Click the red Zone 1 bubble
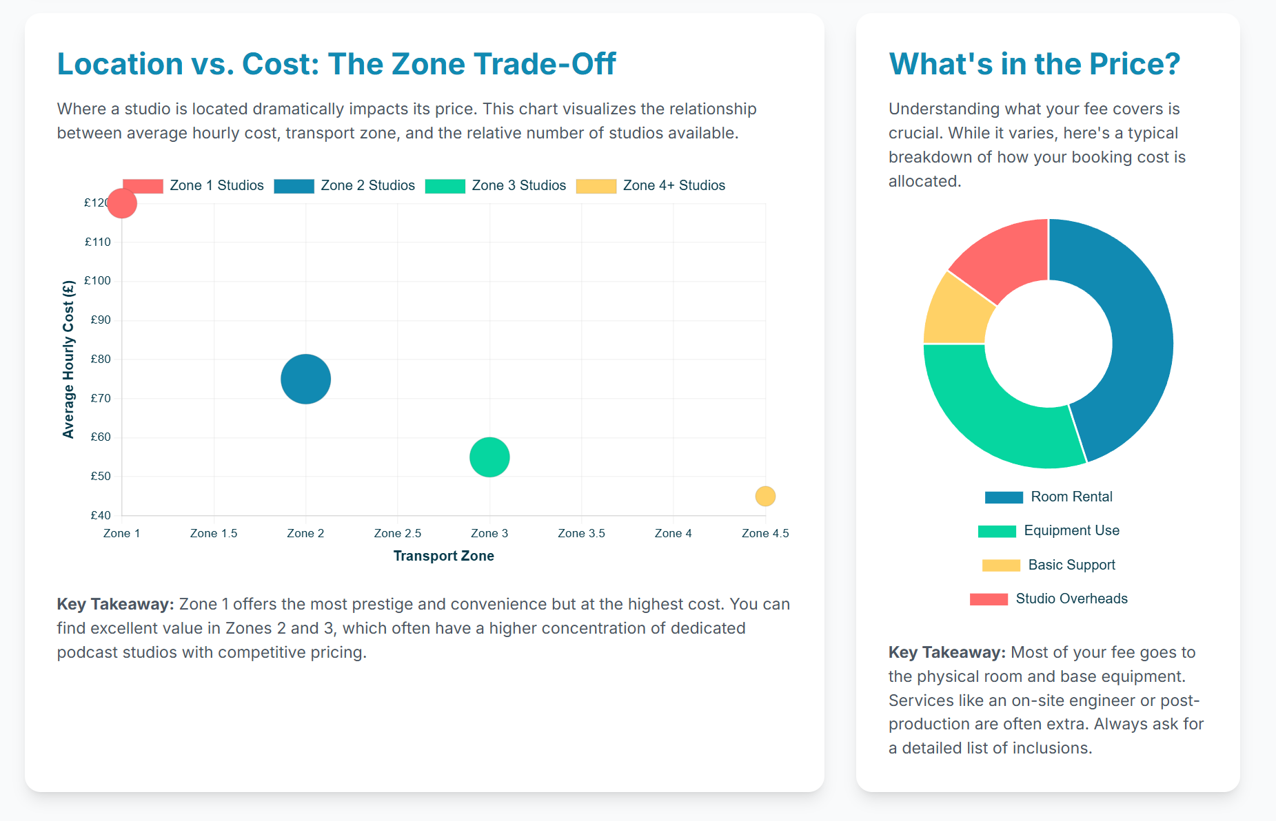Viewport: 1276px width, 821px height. (122, 203)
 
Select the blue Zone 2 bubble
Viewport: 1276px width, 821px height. (305, 379)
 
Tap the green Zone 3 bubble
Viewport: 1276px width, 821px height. (489, 457)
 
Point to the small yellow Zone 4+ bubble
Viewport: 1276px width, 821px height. (765, 496)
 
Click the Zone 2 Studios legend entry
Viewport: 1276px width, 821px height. (344, 185)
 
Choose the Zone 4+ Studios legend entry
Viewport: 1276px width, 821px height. (651, 185)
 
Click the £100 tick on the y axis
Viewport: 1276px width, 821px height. (97, 281)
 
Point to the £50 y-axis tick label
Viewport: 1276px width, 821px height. (101, 476)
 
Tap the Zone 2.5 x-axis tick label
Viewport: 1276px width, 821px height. (398, 533)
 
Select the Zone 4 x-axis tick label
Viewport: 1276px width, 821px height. (674, 533)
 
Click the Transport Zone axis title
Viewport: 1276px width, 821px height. (444, 556)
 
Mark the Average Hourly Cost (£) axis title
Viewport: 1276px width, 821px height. (68, 359)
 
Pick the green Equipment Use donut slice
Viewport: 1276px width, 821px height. (993, 410)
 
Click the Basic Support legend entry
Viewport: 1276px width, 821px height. (1049, 565)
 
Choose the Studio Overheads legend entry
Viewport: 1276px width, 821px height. (1049, 599)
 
